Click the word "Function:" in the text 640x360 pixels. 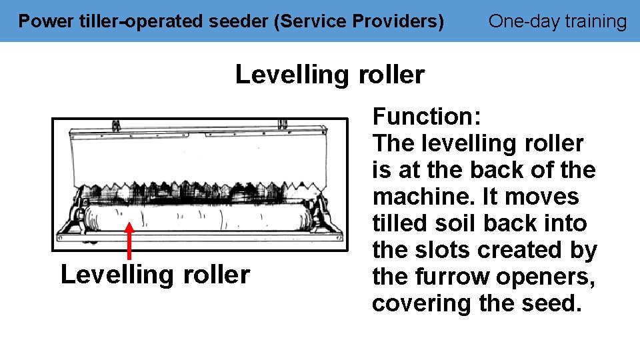click(x=426, y=117)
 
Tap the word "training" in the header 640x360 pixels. click(x=595, y=22)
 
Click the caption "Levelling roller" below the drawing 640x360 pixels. click(x=155, y=275)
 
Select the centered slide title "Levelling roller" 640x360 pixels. click(x=329, y=75)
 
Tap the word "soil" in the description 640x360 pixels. click(x=459, y=223)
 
